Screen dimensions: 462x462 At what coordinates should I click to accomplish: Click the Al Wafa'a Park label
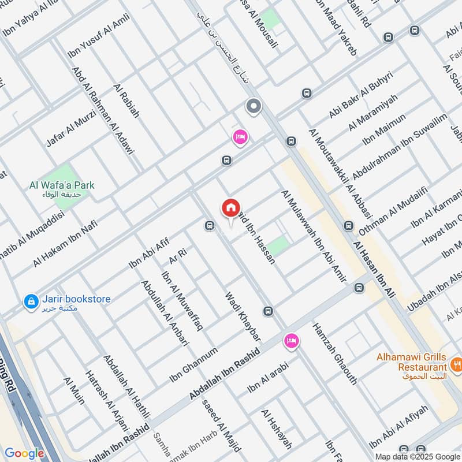pos(62,186)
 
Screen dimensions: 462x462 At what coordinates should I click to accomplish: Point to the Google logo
pos(24,453)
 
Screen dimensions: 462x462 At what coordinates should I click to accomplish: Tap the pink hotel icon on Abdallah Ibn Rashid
pos(292,341)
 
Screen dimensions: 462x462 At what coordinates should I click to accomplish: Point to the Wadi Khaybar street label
pos(243,315)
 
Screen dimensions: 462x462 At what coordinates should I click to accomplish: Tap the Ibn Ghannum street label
pos(193,364)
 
